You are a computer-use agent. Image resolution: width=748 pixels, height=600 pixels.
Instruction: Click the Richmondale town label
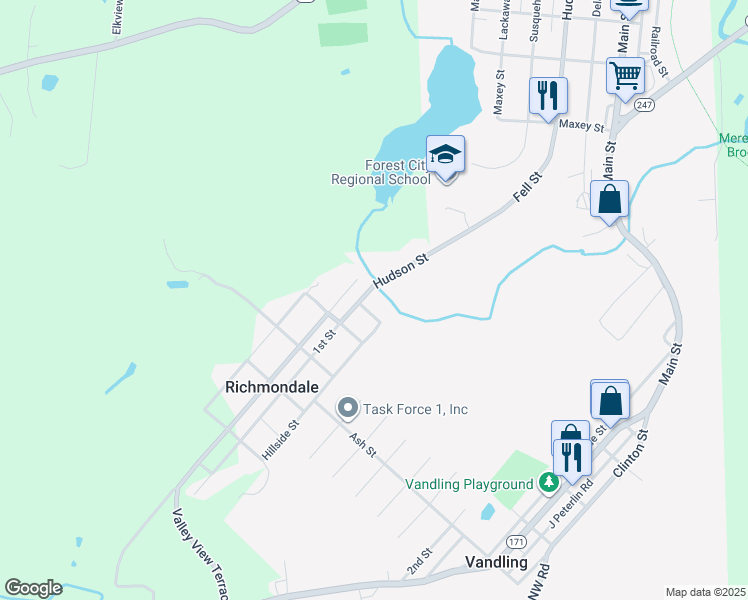(x=272, y=386)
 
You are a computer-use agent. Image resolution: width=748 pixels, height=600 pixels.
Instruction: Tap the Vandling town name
(x=496, y=562)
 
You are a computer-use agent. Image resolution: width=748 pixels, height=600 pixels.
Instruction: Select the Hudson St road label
(x=401, y=272)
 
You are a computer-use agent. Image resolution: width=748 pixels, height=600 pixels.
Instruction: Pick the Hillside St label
(x=281, y=440)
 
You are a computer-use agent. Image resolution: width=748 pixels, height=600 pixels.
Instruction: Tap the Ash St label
(x=363, y=445)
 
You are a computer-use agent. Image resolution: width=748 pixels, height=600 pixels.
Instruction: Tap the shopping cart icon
(x=625, y=75)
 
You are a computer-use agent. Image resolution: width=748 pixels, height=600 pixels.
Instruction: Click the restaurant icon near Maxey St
(x=548, y=96)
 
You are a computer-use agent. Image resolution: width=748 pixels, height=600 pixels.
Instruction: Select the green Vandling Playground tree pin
(x=548, y=484)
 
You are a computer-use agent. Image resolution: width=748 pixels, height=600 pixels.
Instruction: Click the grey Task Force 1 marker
(x=348, y=408)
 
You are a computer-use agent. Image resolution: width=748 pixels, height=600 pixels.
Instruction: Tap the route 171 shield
(x=516, y=541)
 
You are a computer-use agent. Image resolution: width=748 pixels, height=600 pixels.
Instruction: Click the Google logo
(x=33, y=588)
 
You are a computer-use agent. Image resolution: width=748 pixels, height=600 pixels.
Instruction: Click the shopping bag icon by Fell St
(x=609, y=199)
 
